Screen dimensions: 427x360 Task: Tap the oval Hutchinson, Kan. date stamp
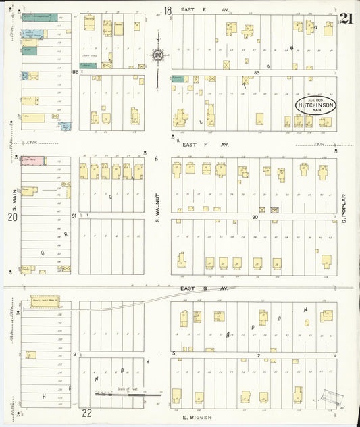[315, 106]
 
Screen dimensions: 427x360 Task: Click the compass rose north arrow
[157, 55]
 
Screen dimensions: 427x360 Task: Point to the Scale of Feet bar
[128, 395]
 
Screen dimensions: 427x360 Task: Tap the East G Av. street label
[197, 288]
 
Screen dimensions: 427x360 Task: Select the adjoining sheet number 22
[86, 413]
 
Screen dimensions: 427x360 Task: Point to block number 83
[257, 72]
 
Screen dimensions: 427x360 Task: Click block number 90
[255, 216]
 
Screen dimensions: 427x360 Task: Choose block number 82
[75, 71]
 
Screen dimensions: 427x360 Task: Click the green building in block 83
[178, 79]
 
